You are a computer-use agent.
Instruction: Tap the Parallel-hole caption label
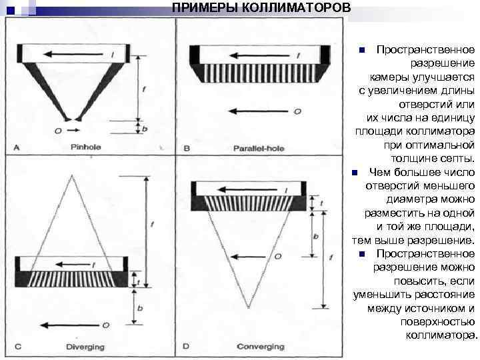259,147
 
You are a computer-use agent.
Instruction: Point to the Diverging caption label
84,347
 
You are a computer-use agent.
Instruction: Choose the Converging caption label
260,347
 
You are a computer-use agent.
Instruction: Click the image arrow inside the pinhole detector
71,54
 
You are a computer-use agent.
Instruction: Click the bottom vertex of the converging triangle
249,308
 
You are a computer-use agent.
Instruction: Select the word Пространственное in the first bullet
425,51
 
